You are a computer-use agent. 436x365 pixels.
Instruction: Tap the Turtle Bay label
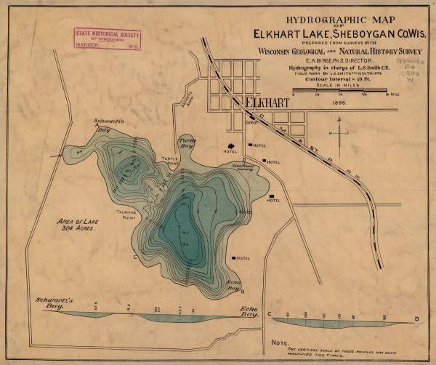coord(187,141)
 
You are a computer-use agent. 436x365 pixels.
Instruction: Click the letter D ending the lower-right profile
coord(416,318)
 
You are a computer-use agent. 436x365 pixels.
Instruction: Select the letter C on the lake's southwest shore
coord(134,257)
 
